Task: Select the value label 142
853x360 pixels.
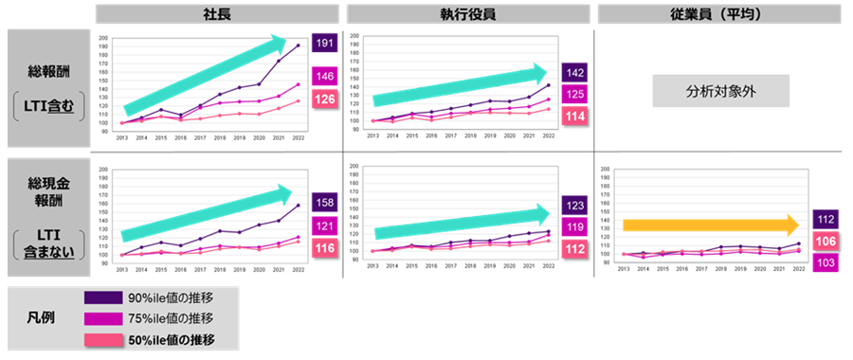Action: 574,72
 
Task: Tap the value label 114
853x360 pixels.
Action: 574,115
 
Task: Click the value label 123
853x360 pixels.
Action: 574,205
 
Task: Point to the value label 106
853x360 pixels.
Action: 826,241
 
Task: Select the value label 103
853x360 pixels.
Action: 826,261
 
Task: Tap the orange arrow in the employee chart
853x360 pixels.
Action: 711,225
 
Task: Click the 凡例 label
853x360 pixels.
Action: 42,318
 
